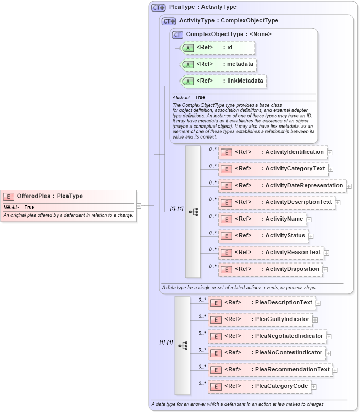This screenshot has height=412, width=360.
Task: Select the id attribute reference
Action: [218, 48]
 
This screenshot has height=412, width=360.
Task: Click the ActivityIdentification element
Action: [273, 152]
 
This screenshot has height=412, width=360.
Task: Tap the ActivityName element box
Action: [262, 219]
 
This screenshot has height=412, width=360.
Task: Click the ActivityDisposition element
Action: [270, 269]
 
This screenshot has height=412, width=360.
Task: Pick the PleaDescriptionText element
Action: [261, 303]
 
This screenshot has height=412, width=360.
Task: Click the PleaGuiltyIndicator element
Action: [260, 319]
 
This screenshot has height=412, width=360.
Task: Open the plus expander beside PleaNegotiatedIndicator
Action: [329, 337]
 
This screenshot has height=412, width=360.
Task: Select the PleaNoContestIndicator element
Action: [266, 353]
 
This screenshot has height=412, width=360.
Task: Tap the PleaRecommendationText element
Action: [270, 370]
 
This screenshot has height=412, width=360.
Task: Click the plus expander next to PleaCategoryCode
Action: [314, 387]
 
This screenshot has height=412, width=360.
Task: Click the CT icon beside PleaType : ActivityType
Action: [158, 7]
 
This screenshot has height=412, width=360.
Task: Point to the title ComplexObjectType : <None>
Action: [229, 34]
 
